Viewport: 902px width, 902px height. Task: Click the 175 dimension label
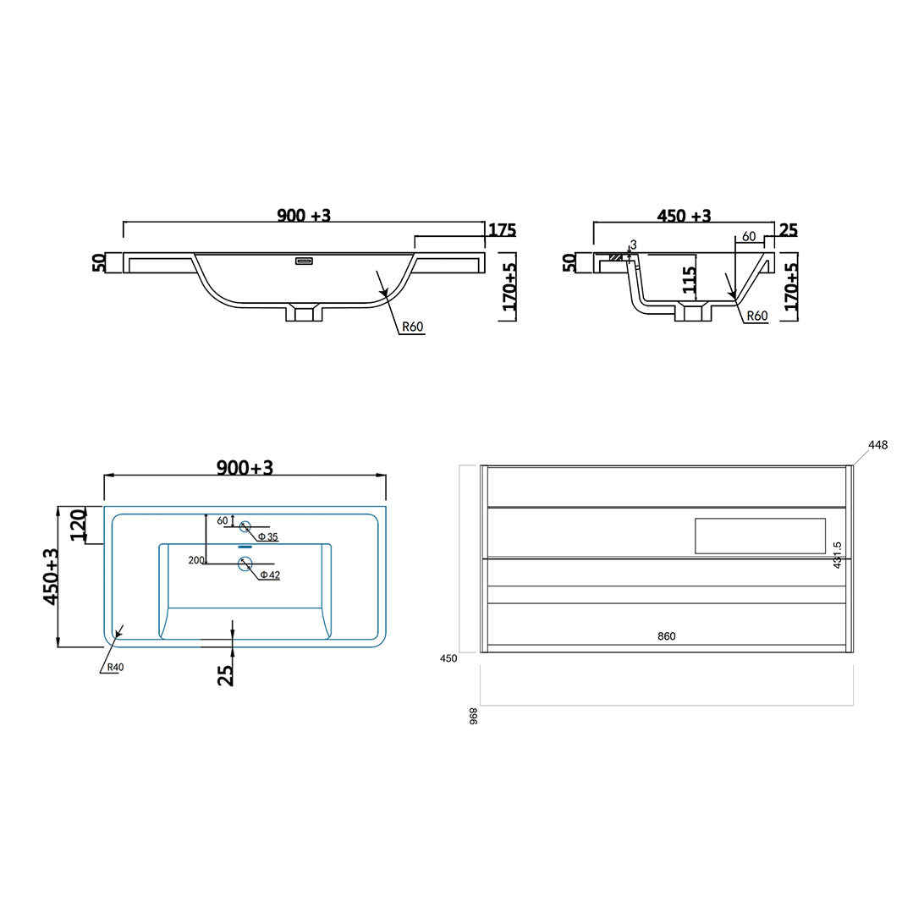(502, 230)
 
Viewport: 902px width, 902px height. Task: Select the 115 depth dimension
(690, 279)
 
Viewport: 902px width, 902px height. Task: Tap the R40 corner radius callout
(114, 667)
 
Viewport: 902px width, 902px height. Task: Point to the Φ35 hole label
(267, 537)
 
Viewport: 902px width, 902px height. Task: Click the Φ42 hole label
(269, 575)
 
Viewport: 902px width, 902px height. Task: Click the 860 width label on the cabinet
(667, 636)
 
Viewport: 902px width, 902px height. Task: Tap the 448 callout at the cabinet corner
(878, 445)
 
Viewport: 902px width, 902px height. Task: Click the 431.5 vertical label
(837, 555)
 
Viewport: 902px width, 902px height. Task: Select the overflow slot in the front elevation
(304, 261)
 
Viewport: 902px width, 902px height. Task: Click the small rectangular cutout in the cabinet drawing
(760, 536)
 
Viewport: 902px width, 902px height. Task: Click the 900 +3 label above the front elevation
(304, 216)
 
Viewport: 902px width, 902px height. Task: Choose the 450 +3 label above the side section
(685, 216)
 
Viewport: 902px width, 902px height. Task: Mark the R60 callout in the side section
(756, 316)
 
